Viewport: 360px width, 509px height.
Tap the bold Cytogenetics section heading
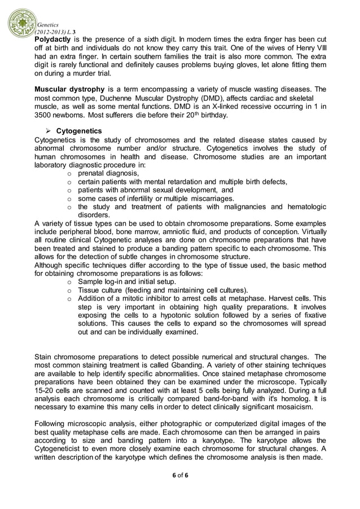tap(79, 131)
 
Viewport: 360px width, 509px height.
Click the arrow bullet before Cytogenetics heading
tap(48, 131)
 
